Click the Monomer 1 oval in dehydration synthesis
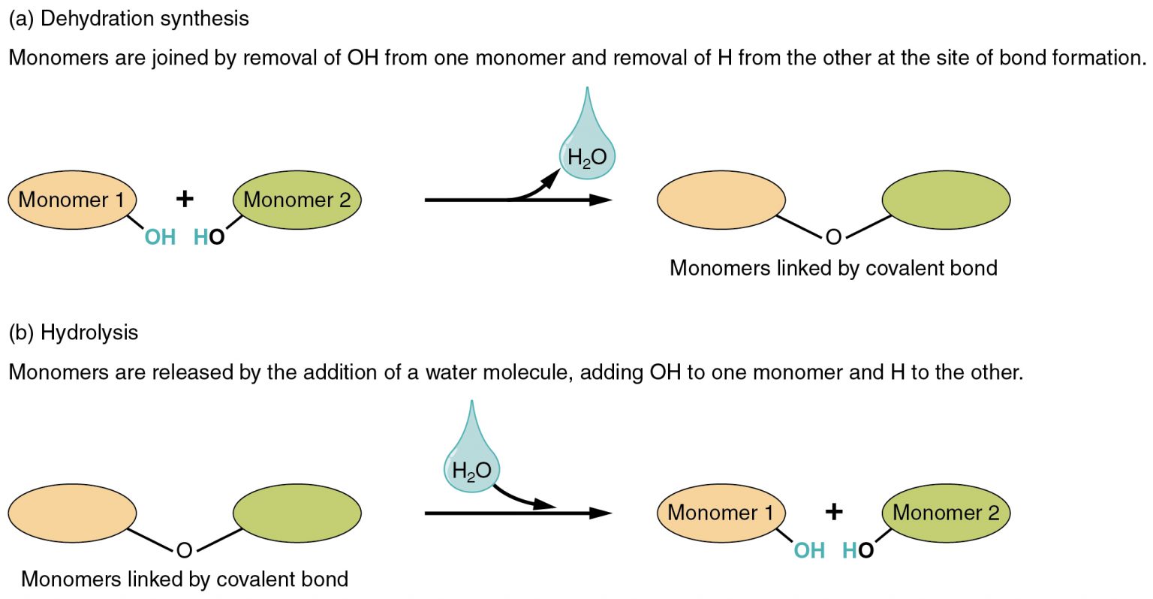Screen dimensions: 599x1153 (72, 200)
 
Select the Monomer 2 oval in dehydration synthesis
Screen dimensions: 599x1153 (297, 200)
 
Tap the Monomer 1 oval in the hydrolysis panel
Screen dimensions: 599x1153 (721, 513)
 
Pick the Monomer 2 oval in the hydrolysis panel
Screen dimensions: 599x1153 (946, 513)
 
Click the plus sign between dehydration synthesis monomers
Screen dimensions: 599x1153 (185, 199)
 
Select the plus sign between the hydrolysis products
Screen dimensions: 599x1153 (833, 512)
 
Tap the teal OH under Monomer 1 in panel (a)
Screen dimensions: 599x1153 (160, 238)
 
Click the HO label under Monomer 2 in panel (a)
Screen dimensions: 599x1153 (209, 238)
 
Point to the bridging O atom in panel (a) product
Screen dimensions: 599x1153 (833, 238)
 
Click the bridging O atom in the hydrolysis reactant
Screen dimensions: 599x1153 (185, 551)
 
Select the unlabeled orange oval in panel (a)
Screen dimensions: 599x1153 (721, 200)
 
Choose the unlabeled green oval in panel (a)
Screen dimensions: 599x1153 (946, 200)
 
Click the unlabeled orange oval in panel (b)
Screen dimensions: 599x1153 (72, 513)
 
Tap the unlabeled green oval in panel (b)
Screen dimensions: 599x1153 (297, 513)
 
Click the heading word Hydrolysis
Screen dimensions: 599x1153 (89, 333)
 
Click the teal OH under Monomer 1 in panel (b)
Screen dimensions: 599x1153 (809, 551)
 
